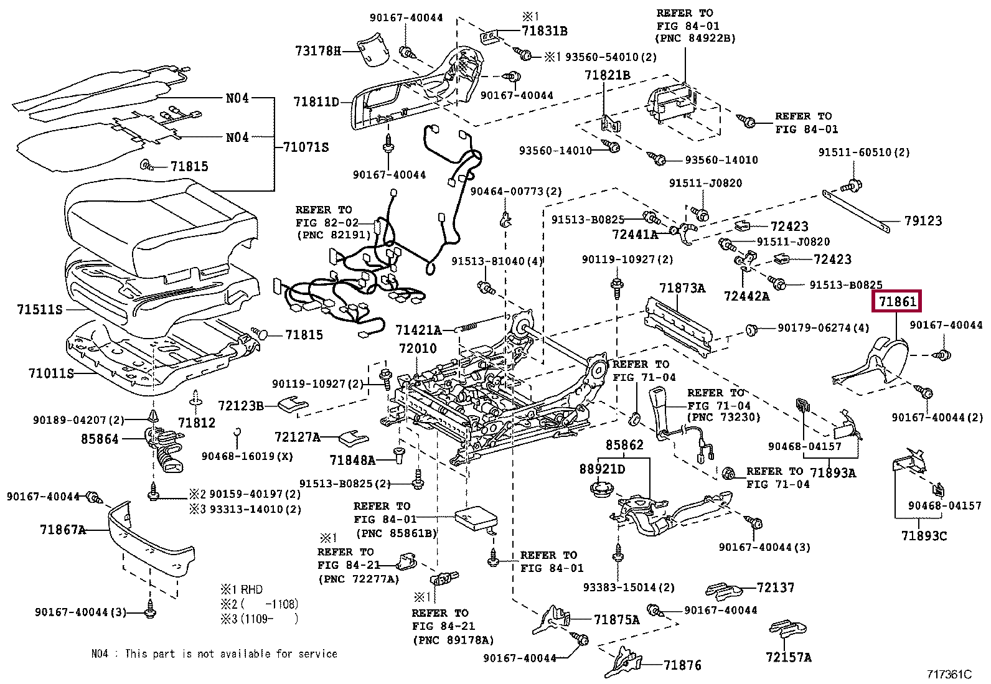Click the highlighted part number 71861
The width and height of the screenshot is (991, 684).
(x=896, y=302)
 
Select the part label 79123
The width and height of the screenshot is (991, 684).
(x=923, y=220)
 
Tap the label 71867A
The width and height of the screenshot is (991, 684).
(x=62, y=530)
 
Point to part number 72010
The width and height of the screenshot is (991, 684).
(x=417, y=349)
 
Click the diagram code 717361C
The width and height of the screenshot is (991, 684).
(x=948, y=674)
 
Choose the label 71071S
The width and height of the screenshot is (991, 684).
(x=306, y=147)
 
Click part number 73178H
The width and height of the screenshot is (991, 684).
(x=317, y=51)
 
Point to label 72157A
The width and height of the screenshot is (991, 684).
(x=788, y=657)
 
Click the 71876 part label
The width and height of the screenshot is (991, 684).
(x=682, y=665)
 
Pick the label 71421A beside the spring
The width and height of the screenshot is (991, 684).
(x=418, y=329)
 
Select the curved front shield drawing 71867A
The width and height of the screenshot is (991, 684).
(x=149, y=535)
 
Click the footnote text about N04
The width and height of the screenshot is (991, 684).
(x=214, y=654)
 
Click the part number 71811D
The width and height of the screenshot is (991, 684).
(x=316, y=101)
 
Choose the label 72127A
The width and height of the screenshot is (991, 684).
(x=298, y=438)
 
